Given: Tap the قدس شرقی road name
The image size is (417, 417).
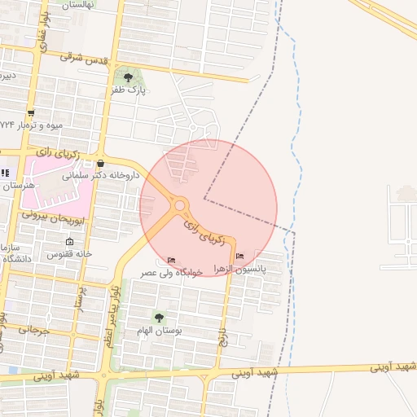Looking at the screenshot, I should pyautogui.click(x=85, y=59).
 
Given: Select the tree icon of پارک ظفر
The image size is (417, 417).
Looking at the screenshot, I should pyautogui.click(x=128, y=78).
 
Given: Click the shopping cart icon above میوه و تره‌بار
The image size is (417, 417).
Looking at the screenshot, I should pyautogui.click(x=31, y=113).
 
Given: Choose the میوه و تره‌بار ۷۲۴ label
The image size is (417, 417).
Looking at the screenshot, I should pyautogui.click(x=31, y=125).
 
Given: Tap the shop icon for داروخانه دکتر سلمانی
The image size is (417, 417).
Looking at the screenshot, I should pyautogui.click(x=100, y=163).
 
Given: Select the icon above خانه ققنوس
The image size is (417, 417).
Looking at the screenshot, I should pyautogui.click(x=69, y=241).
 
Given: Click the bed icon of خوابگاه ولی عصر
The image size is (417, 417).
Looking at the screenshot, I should pyautogui.click(x=170, y=260).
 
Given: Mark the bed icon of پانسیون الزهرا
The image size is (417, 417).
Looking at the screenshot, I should pyautogui.click(x=239, y=257).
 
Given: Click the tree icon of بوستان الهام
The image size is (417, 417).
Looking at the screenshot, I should pyautogui.click(x=158, y=317).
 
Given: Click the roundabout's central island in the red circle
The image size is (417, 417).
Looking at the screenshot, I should pyautogui.click(x=179, y=205).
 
